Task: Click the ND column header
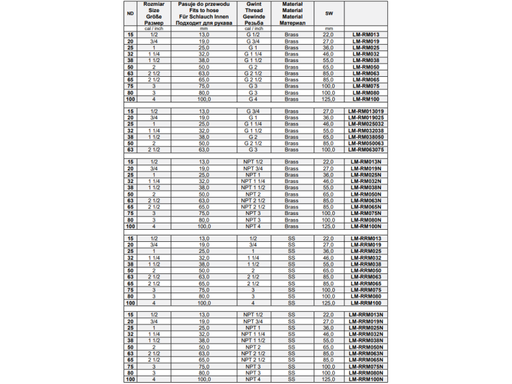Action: pos(131,13)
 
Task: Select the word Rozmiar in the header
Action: pos(153,4)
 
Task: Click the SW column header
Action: pos(328,13)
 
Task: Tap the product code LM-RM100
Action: pos(366,99)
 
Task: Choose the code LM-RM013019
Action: pos(366,111)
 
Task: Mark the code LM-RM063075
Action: pos(366,149)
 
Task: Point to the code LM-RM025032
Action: pos(366,124)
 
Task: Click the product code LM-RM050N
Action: pos(366,193)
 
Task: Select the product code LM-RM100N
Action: pos(366,225)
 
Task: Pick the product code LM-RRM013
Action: pos(366,238)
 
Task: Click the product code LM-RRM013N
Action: pos(366,314)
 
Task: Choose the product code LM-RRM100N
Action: pos(366,380)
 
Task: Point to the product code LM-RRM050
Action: pos(366,270)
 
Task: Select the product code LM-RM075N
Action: pos(366,212)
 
